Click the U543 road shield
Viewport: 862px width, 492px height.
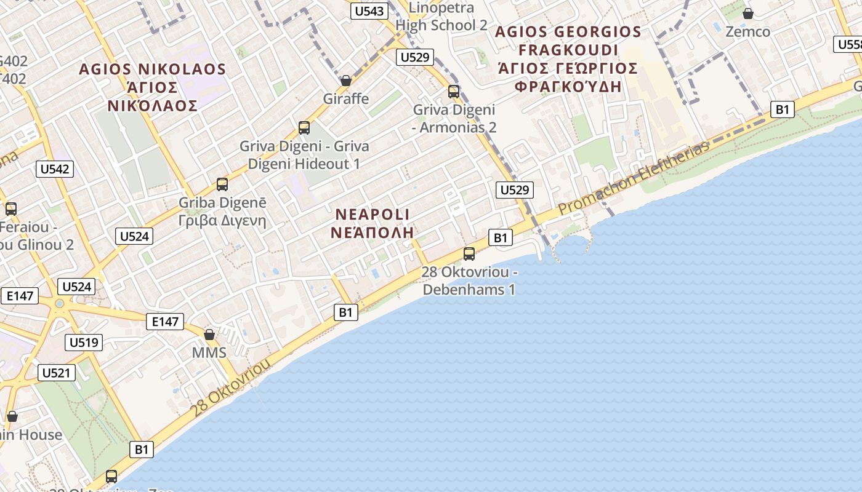click(369, 11)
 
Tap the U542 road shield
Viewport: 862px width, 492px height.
click(55, 169)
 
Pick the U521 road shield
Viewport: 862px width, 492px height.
click(57, 372)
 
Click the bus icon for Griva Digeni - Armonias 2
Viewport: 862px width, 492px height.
click(454, 92)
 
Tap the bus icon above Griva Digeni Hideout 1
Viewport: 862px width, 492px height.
click(304, 128)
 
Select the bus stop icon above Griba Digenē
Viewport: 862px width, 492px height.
click(222, 184)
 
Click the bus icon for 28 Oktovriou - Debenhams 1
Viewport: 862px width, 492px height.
click(469, 253)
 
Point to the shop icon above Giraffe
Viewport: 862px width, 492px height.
click(346, 81)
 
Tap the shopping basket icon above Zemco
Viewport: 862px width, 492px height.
click(748, 13)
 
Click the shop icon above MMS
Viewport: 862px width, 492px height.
click(209, 335)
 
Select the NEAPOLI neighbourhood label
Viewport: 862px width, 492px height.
click(373, 215)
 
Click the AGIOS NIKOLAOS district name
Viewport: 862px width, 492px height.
click(153, 69)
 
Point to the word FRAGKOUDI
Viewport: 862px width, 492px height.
click(568, 50)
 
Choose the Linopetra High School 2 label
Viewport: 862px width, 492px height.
click(441, 17)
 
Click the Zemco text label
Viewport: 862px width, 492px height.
click(747, 31)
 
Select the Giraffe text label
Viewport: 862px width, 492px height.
click(346, 98)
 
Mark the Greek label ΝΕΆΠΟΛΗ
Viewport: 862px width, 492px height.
click(372, 232)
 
